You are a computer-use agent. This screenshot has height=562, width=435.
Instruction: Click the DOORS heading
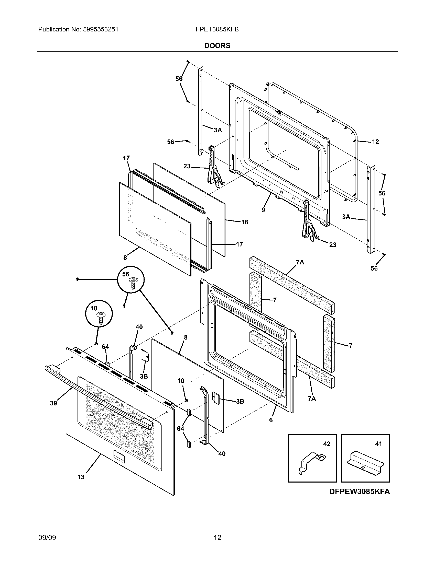click(x=217, y=46)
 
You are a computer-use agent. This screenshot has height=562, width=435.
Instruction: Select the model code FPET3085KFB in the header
click(x=217, y=30)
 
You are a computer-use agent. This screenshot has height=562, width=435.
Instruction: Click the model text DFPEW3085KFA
click(x=359, y=492)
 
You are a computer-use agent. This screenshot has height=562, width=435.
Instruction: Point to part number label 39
click(x=53, y=403)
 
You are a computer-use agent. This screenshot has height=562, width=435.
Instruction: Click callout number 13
click(x=81, y=477)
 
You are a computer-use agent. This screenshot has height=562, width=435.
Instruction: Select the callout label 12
click(x=375, y=142)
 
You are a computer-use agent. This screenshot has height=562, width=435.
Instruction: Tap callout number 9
click(x=263, y=210)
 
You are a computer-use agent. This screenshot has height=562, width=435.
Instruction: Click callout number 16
click(x=245, y=222)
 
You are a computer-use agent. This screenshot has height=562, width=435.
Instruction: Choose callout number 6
click(x=271, y=420)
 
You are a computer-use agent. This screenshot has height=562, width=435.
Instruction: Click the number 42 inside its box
click(x=327, y=444)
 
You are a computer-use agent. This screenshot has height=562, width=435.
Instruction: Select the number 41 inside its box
click(x=378, y=444)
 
